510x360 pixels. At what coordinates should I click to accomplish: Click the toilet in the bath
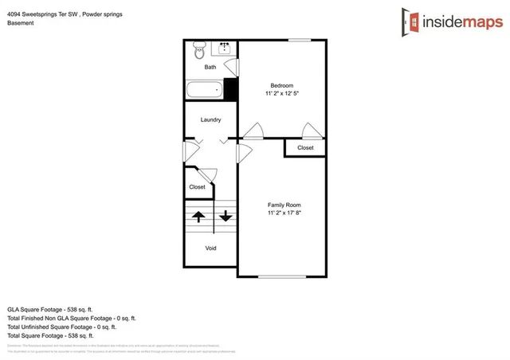(x=198, y=52)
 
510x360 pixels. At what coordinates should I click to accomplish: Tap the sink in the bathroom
(x=225, y=49)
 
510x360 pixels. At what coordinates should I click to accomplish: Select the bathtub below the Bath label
(x=204, y=89)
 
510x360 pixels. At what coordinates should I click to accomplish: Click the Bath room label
(x=210, y=67)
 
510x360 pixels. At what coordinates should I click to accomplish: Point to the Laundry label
(x=210, y=119)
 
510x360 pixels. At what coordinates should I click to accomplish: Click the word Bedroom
(x=281, y=85)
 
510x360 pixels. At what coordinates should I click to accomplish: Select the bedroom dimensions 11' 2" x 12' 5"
(x=282, y=94)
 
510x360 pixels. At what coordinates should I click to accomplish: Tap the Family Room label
(x=283, y=205)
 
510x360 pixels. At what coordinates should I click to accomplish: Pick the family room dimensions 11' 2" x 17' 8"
(x=283, y=213)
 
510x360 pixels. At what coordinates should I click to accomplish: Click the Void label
(x=211, y=248)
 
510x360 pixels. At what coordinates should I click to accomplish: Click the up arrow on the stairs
(x=198, y=215)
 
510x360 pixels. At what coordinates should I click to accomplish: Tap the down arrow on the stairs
(x=226, y=215)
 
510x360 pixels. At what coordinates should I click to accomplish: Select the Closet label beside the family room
(x=305, y=147)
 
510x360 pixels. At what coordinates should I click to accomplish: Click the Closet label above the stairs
(x=197, y=187)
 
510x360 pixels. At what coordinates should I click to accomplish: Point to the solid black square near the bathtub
(x=231, y=88)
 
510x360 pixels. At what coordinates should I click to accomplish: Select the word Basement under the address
(x=21, y=23)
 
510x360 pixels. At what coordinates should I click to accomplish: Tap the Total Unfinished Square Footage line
(x=61, y=327)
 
